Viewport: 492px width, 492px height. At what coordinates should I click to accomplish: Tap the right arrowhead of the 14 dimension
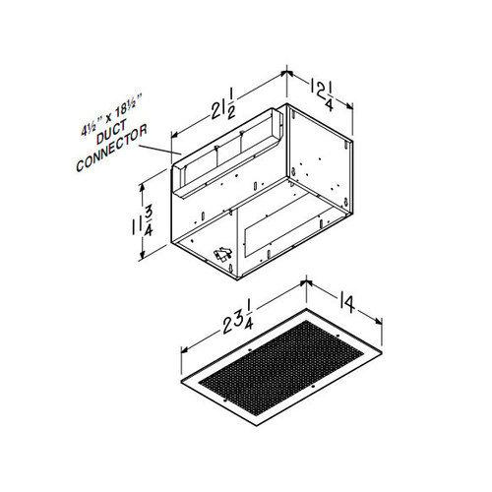pos(382,326)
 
